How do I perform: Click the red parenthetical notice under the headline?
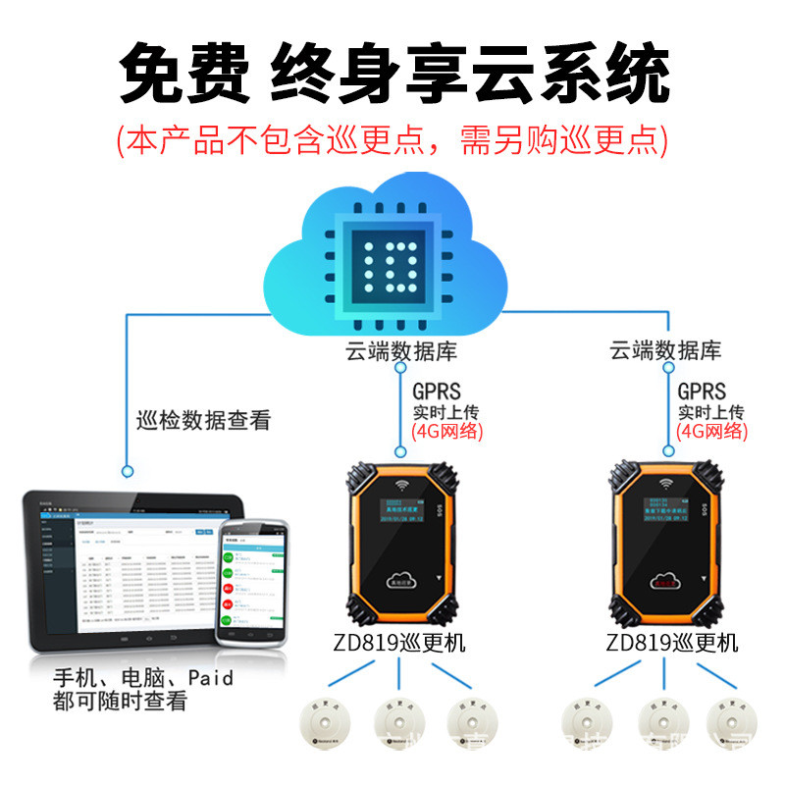tap(392, 139)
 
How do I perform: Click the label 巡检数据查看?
tap(202, 421)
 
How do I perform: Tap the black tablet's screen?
tap(128, 569)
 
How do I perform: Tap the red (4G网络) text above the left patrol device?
tap(447, 431)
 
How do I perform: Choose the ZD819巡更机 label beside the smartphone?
tap(399, 645)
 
